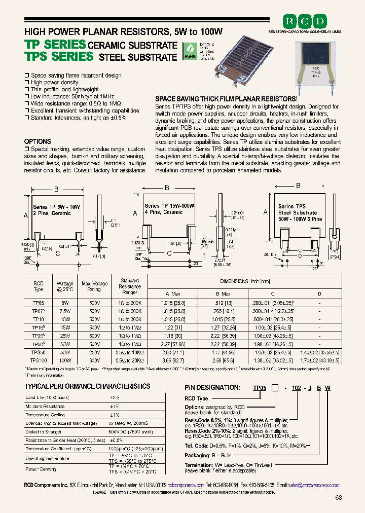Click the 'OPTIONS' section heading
tap(38, 141)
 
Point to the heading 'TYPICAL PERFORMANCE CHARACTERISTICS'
tap(87, 386)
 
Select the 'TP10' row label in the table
tap(38, 319)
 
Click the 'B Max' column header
tap(223, 294)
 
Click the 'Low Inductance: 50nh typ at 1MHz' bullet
tap(80, 96)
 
